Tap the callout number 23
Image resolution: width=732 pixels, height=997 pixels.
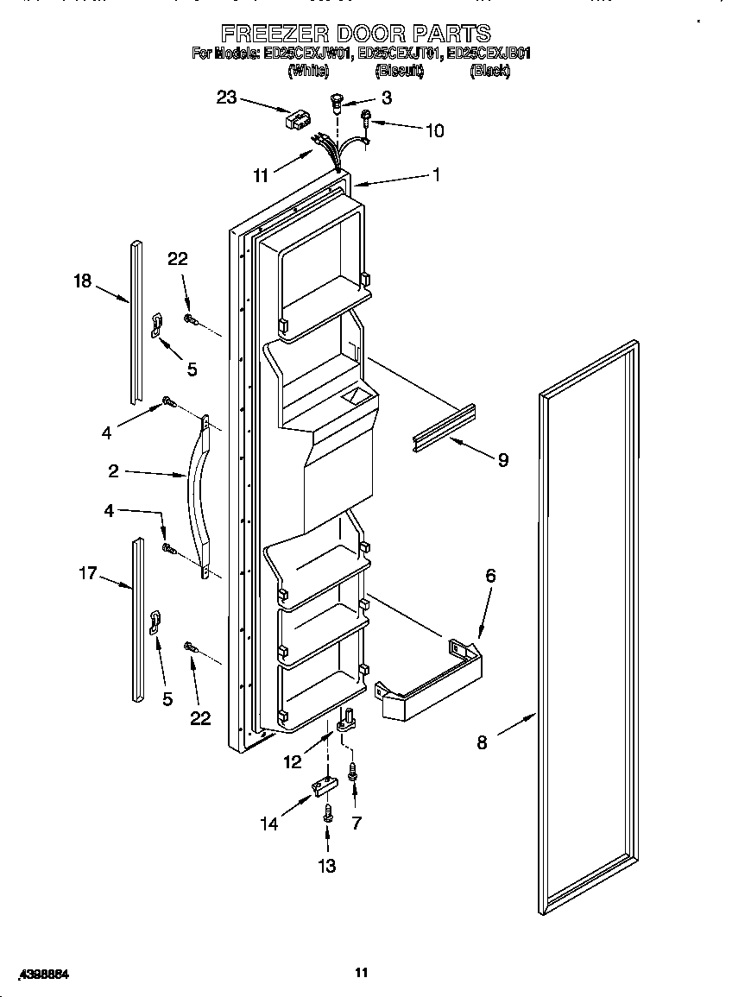[226, 98]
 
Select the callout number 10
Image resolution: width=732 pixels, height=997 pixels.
[434, 130]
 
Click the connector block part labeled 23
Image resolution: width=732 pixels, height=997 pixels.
[298, 119]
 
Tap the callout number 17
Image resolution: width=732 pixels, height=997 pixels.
[87, 571]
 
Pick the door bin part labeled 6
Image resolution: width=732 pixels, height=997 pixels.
[429, 682]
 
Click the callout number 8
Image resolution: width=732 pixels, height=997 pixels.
[482, 741]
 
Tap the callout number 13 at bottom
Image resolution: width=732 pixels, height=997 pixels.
[327, 866]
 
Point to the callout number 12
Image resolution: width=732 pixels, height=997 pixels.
[293, 761]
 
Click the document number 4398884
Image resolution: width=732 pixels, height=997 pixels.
[41, 974]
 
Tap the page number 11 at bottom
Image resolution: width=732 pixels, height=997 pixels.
[362, 973]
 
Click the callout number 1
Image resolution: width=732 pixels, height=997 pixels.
[436, 174]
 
